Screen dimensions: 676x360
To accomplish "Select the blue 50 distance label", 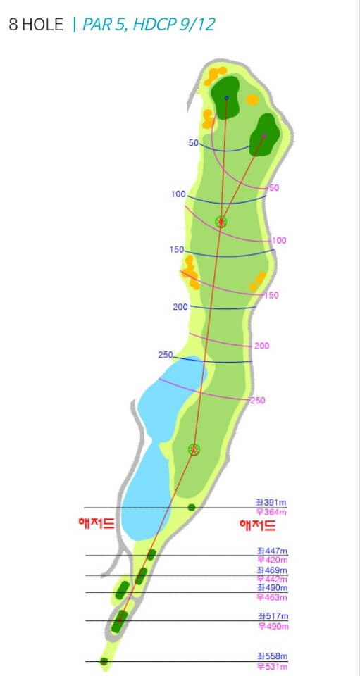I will tap(194, 143).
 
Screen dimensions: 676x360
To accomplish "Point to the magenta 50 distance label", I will tap(274, 188).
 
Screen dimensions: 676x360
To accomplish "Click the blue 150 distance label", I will tap(177, 250).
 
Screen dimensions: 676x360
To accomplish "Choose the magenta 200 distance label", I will tap(262, 346).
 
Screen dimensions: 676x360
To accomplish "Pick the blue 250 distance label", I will tap(166, 354).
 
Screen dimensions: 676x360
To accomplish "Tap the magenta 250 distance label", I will tap(259, 401).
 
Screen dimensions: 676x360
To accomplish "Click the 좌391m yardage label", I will tap(271, 503).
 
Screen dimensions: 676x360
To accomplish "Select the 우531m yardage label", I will tap(272, 666).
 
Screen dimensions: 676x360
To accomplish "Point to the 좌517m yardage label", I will tap(272, 616).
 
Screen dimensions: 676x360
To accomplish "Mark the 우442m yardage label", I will tap(272, 579).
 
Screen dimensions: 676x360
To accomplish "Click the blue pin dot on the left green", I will tap(226, 98).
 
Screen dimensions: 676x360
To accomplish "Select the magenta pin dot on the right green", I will tap(264, 135).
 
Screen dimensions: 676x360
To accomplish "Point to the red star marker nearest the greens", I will tap(221, 223).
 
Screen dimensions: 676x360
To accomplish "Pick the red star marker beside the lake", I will tap(194, 449).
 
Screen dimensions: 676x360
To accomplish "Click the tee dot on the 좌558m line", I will tap(104, 661).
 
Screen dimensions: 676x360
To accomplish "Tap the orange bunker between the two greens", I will tap(252, 99).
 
